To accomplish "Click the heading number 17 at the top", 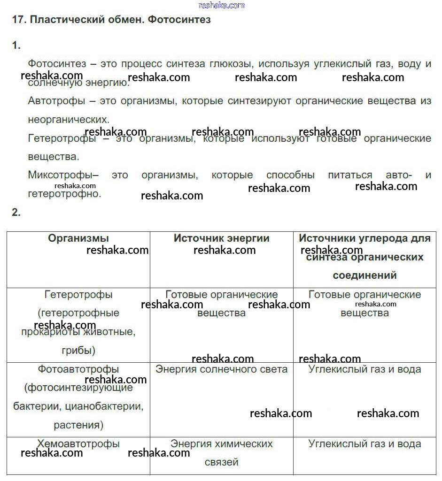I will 18,20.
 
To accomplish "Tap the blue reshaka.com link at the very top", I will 222,5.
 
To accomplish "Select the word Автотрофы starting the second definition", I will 56,101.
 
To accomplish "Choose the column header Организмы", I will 78,238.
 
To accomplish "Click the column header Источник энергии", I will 222,238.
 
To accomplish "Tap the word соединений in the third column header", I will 364,275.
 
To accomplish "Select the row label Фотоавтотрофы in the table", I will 78,369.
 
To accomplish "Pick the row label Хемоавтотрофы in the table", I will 78,444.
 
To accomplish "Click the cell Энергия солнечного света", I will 222,369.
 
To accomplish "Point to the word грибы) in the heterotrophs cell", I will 78,351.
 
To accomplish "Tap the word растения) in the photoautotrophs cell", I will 78,426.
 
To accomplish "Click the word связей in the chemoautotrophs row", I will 222,462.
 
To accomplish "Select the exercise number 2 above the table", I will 16,213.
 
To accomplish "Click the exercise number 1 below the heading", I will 16,46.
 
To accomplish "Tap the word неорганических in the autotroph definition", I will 68,120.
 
